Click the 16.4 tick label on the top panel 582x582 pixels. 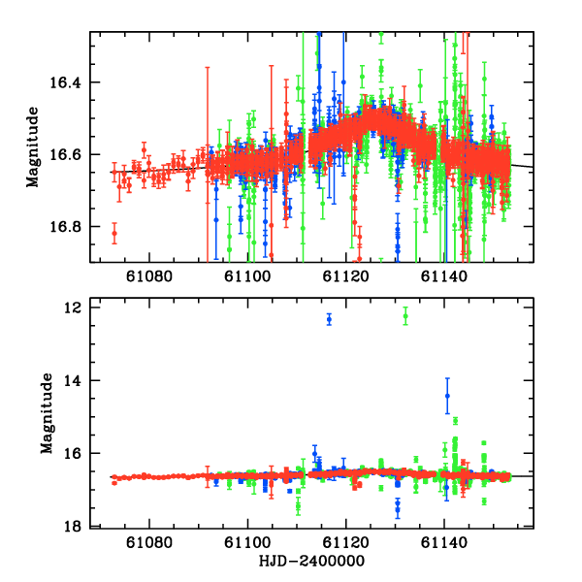(x=70, y=82)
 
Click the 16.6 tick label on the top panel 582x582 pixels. (x=70, y=154)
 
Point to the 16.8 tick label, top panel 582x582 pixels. (x=70, y=227)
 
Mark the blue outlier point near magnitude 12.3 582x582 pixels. (x=329, y=319)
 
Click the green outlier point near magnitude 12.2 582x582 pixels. (x=405, y=315)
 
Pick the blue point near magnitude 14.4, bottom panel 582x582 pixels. (x=447, y=395)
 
